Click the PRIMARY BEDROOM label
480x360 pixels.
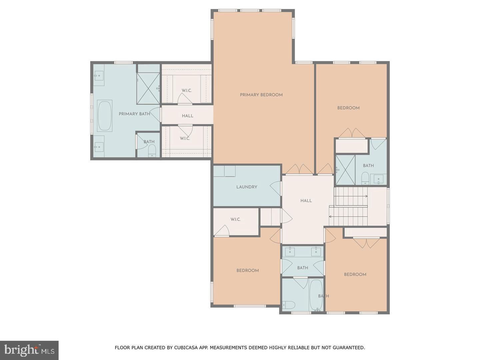(261, 95)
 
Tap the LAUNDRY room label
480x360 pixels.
(247, 187)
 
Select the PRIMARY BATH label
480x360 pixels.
(134, 114)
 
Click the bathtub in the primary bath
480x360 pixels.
(105, 116)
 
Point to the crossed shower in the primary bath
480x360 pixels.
(148, 88)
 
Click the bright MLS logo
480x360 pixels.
(29, 350)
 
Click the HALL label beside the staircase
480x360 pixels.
(306, 201)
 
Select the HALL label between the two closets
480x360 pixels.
(187, 116)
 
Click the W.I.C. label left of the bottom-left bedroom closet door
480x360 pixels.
(236, 219)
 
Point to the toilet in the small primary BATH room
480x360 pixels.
(152, 151)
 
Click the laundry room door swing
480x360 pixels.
(275, 188)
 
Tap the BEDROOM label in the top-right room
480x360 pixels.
(348, 108)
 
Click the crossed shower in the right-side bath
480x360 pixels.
(345, 170)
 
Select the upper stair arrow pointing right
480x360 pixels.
(351, 196)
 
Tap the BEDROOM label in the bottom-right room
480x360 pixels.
(355, 275)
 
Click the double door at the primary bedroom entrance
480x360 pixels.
(299, 169)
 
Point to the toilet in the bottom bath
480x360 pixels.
(289, 305)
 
